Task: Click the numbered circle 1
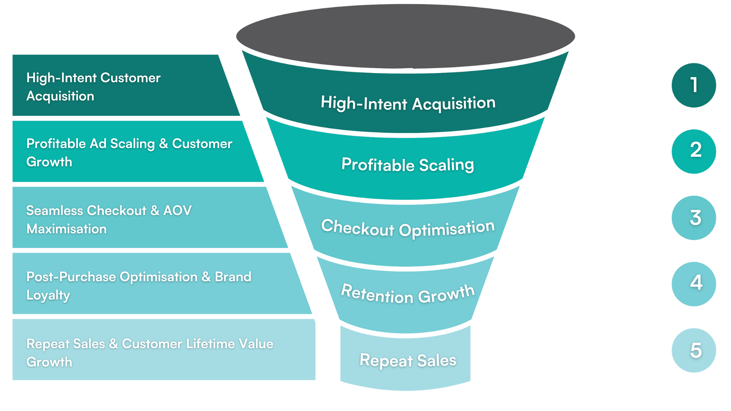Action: tap(694, 85)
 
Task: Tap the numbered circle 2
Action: tap(694, 151)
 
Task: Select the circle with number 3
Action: tap(694, 218)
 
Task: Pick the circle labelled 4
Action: tap(694, 284)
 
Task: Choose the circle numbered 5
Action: tap(694, 350)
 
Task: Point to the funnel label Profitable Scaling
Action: tap(408, 165)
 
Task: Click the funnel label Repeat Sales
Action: tap(408, 360)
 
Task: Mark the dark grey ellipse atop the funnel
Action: tap(405, 36)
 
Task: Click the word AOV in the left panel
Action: tap(177, 210)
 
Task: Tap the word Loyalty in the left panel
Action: tap(48, 295)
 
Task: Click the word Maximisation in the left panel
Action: tap(67, 229)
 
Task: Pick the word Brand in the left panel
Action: tap(233, 277)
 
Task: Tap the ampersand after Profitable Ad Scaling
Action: tap(164, 144)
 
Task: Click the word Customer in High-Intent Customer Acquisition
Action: tap(131, 78)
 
